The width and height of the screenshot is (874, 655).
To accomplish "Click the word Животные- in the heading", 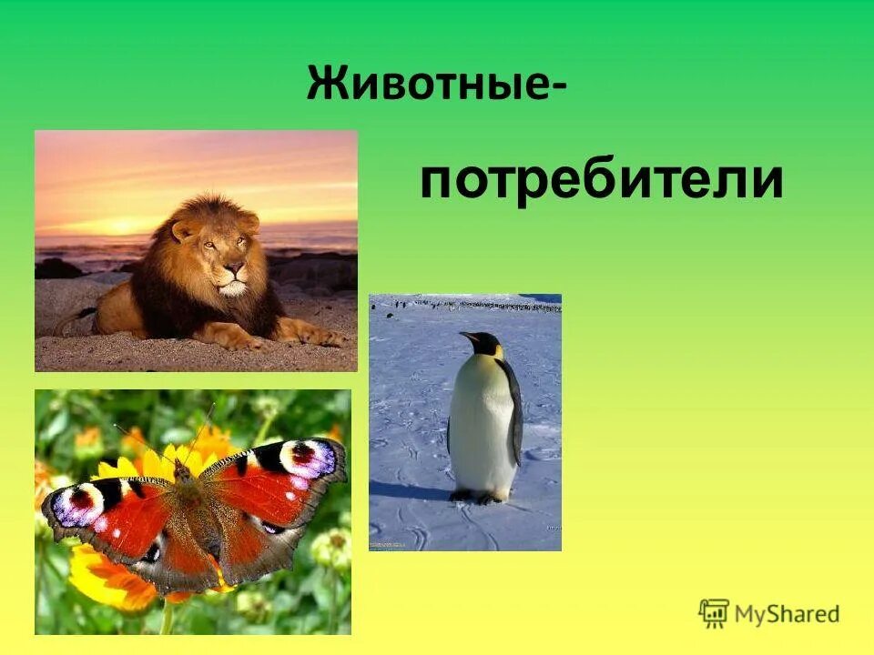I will tap(434, 84).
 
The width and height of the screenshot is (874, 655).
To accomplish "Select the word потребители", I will tap(601, 181).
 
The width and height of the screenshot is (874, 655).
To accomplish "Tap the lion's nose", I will tap(234, 270).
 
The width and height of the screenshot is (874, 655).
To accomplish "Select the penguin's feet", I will tap(478, 497).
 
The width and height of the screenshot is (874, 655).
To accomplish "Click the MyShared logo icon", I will tap(714, 613).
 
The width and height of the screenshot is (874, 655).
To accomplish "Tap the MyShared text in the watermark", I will tap(788, 614).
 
